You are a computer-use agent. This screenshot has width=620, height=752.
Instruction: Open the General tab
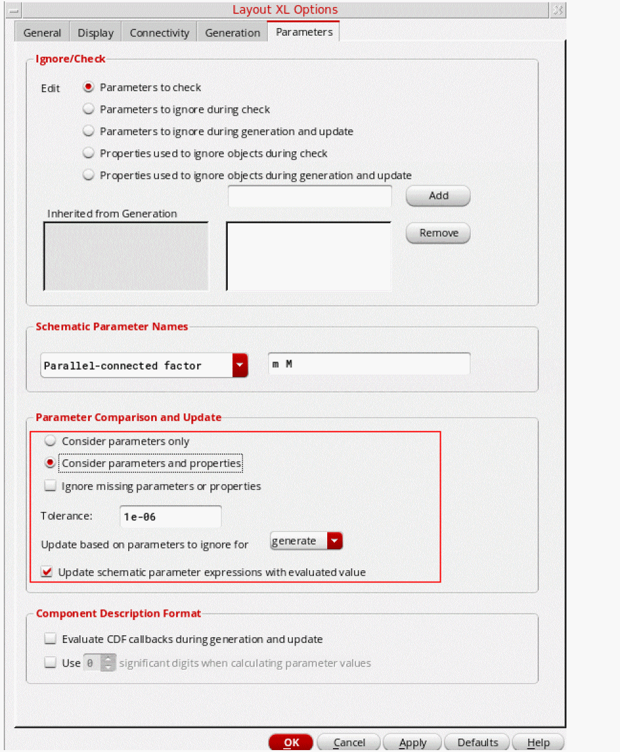(x=42, y=33)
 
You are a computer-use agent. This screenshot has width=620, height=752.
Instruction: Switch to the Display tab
(x=96, y=33)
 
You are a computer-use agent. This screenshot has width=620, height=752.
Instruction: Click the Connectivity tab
(x=159, y=33)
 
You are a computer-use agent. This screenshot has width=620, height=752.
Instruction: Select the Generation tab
(x=233, y=33)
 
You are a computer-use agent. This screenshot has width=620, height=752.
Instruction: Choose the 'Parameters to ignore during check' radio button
(x=89, y=110)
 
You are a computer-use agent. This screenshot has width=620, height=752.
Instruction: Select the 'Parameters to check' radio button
(x=89, y=87)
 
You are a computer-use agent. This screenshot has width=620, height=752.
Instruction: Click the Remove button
(x=438, y=233)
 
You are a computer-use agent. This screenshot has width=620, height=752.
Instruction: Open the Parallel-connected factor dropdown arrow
(x=240, y=365)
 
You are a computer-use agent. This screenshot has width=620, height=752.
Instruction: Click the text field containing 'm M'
(x=369, y=364)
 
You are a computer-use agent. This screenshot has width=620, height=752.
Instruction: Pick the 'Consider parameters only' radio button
(x=50, y=441)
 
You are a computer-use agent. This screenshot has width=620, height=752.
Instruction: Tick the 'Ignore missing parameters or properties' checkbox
(x=50, y=486)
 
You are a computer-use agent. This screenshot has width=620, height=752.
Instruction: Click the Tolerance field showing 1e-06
(x=170, y=517)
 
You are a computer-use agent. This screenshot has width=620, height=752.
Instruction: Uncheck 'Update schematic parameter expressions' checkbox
(x=47, y=572)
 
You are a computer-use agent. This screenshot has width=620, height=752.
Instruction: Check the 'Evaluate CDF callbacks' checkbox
(x=50, y=639)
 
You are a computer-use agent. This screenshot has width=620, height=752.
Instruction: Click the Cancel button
(x=349, y=742)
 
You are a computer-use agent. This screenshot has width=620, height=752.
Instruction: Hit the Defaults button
(x=477, y=742)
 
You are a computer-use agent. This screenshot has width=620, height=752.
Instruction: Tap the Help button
(x=538, y=742)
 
